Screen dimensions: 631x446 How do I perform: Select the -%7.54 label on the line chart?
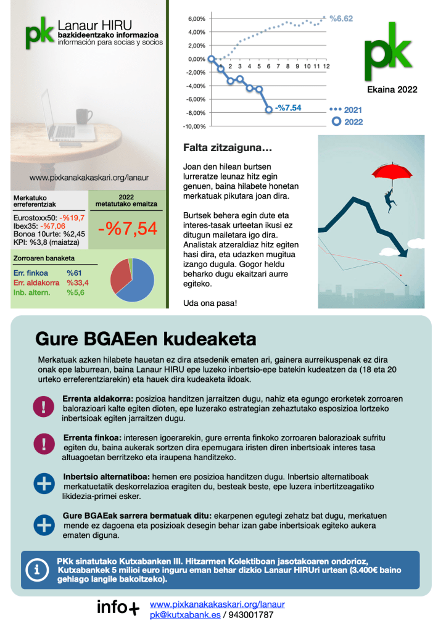point(288,108)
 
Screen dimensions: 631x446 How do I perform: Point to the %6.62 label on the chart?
point(341,19)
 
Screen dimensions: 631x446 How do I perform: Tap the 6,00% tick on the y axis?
point(196,19)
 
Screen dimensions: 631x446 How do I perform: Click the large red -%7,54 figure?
point(128,229)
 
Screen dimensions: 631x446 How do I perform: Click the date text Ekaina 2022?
point(392,89)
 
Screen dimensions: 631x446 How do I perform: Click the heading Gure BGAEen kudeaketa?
point(146,339)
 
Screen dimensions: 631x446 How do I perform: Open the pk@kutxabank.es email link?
point(184,614)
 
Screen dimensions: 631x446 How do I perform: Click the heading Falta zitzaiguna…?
point(228,148)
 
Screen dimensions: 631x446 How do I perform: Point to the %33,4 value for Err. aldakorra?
point(78,283)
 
